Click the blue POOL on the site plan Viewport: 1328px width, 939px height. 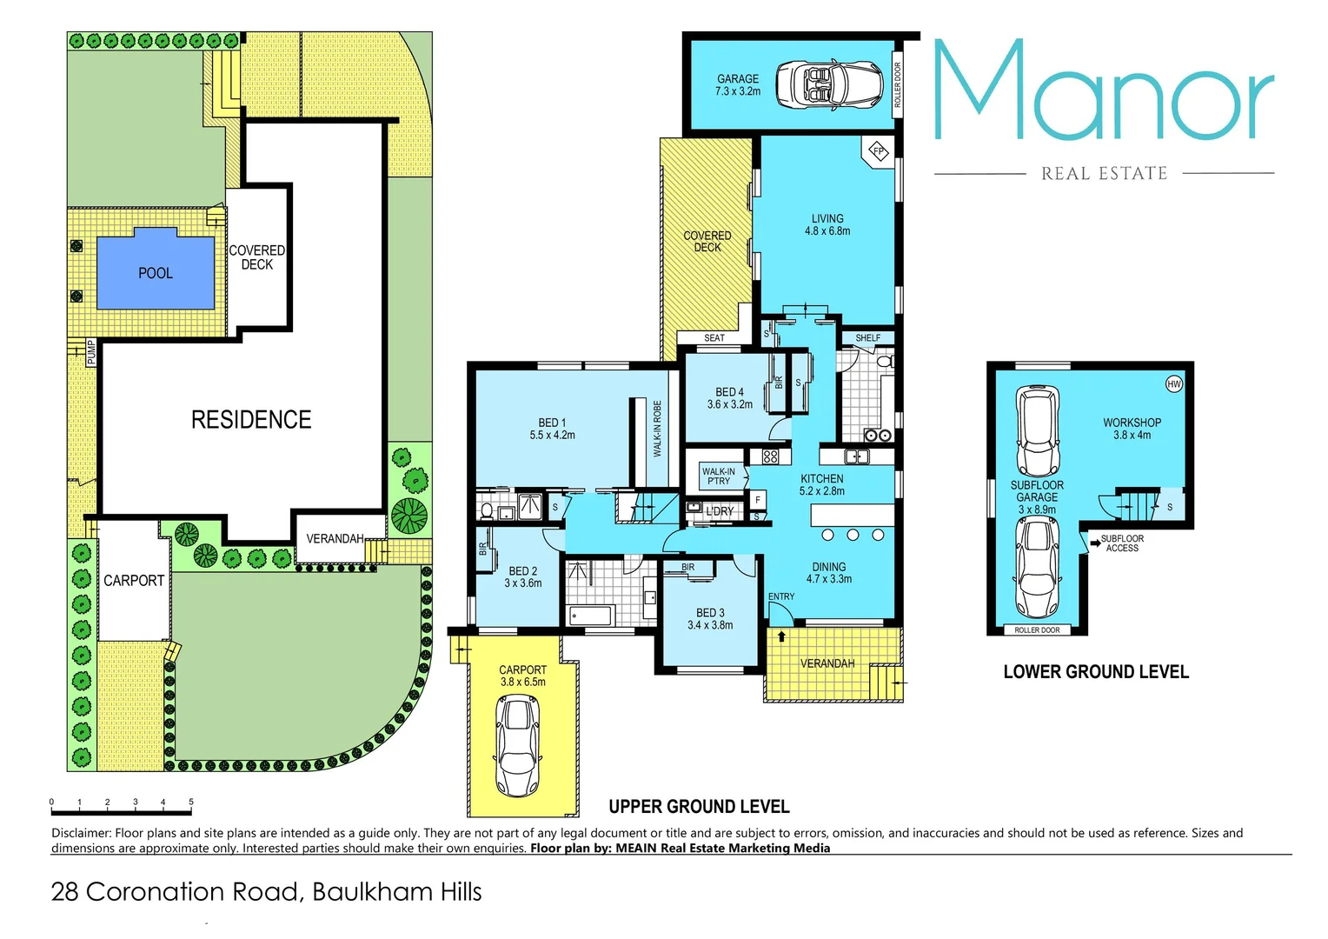[155, 272]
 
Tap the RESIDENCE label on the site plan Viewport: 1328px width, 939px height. [250, 420]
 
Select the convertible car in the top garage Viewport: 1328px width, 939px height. [828, 84]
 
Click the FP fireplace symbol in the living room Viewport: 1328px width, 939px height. [878, 151]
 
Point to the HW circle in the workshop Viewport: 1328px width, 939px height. [1173, 383]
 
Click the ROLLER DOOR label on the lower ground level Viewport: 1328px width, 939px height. [1037, 629]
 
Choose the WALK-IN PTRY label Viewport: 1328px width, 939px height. [718, 476]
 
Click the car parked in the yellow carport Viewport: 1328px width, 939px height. [518, 746]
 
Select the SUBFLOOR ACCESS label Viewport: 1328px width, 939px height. [1121, 543]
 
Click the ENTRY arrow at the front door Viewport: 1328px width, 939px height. [781, 636]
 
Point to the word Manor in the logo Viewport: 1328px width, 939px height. [1103, 91]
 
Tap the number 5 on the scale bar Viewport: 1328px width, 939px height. [191, 802]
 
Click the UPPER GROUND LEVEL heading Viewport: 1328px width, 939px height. [699, 806]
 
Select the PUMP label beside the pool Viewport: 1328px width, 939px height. [91, 352]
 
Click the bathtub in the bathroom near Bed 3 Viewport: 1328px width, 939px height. [591, 616]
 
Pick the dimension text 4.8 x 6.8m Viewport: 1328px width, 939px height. [827, 231]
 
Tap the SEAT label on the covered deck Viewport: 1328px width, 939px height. [714, 338]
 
